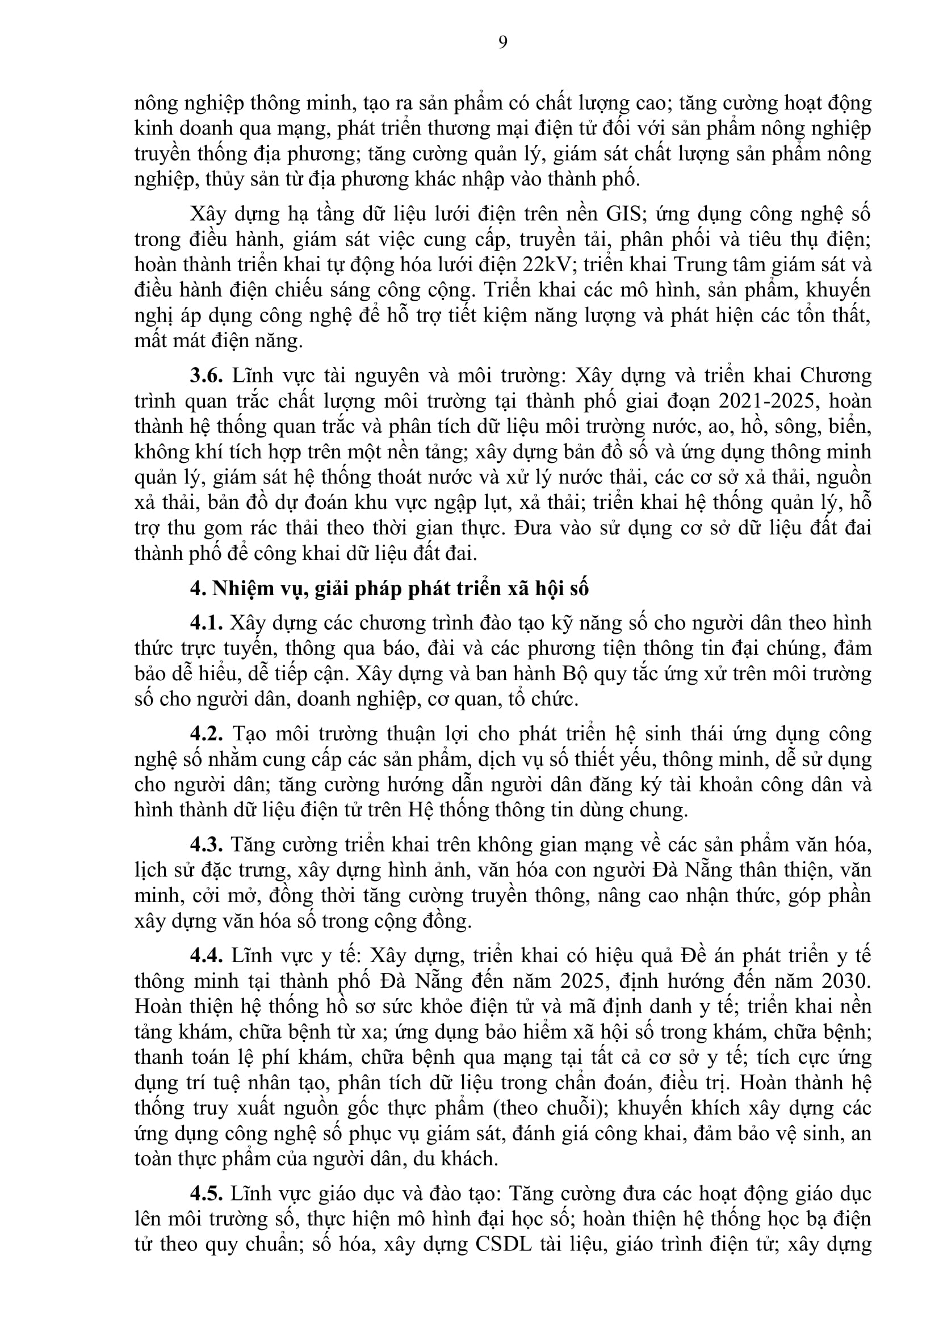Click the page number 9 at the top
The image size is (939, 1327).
[x=502, y=42]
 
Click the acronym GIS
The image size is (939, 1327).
[x=624, y=214]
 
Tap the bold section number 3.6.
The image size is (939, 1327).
[x=207, y=376]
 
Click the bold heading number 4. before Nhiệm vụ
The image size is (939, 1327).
[x=198, y=588]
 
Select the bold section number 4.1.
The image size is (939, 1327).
[x=207, y=623]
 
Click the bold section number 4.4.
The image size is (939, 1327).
[x=207, y=956]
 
